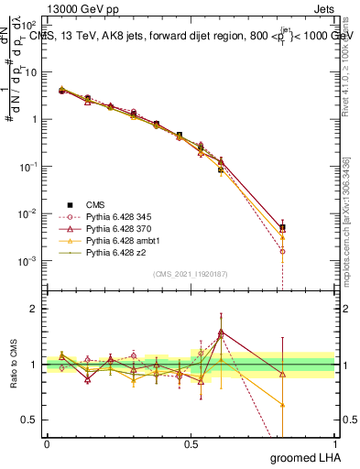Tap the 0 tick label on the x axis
click(x=47, y=444)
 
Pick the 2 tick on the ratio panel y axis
click(x=35, y=309)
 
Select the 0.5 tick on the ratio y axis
click(x=31, y=420)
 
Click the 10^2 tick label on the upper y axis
click(x=29, y=25)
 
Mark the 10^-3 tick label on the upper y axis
click(x=29, y=261)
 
